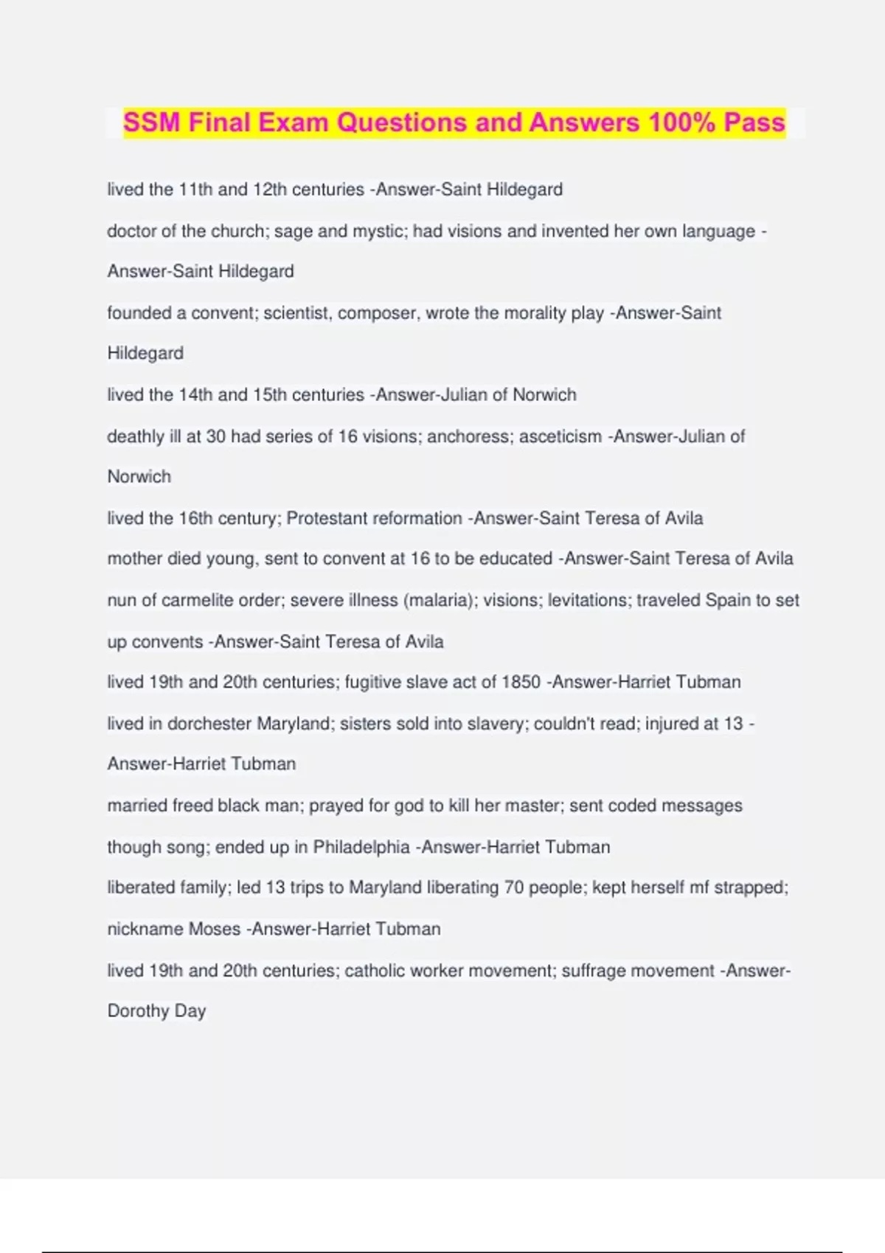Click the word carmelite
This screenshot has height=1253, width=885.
[x=196, y=600]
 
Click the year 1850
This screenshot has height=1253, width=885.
[x=521, y=682]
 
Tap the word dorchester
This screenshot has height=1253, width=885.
[x=209, y=723]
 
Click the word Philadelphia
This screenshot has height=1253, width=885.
[x=361, y=847]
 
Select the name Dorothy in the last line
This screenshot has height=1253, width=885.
[x=138, y=1011]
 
